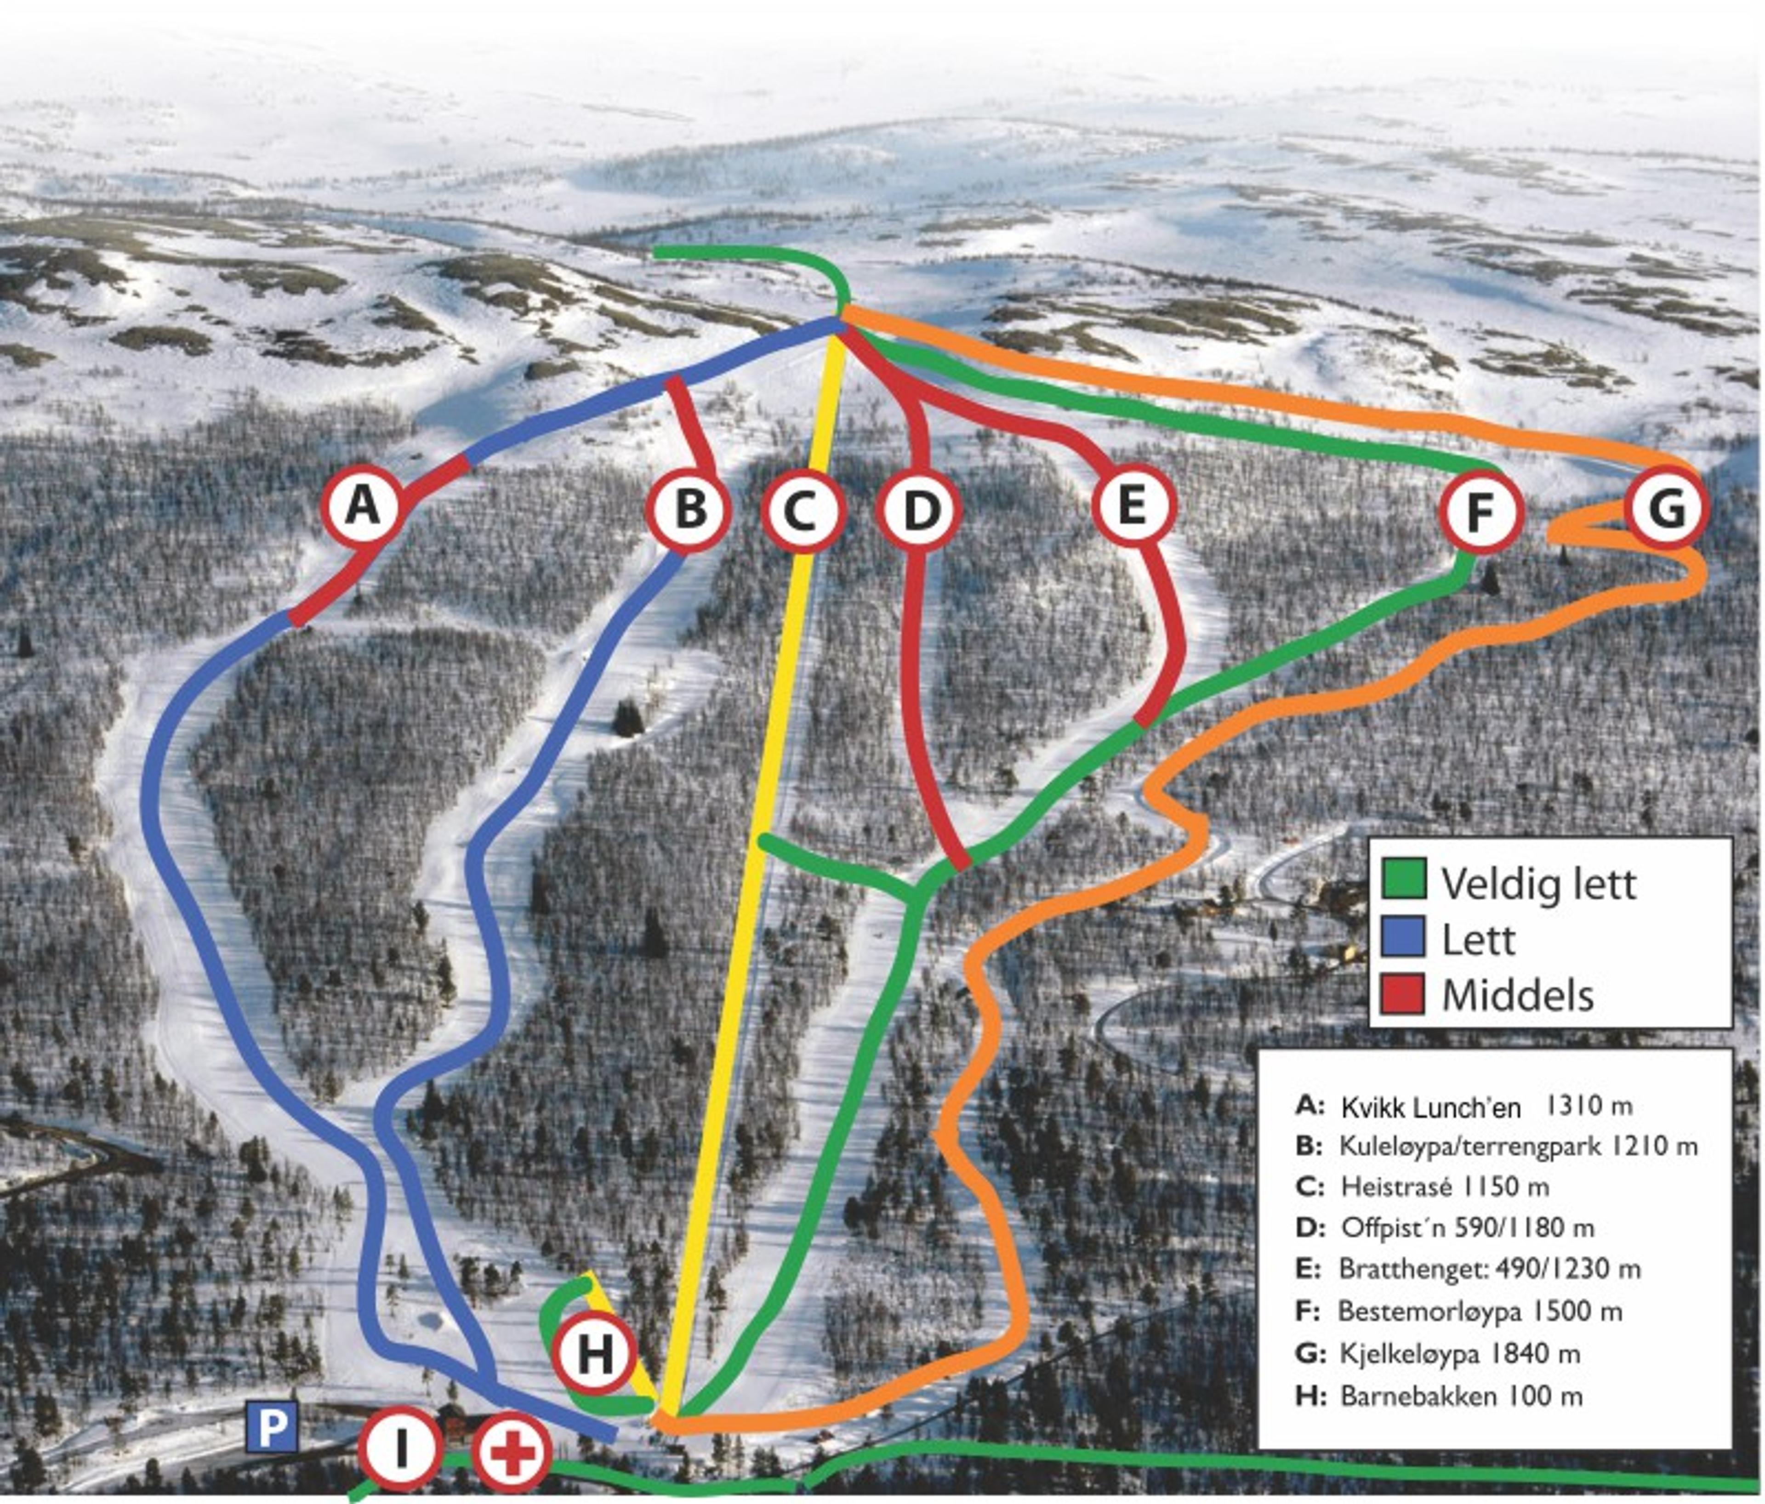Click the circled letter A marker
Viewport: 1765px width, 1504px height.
364,508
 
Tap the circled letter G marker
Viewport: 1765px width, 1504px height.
1666,508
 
